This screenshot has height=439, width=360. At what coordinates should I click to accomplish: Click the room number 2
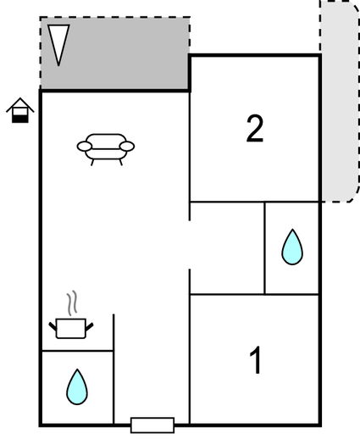pos(255,129)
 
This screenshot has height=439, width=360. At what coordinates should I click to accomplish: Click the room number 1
pos(256,360)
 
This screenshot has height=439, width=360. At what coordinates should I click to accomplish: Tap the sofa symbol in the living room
pos(106,149)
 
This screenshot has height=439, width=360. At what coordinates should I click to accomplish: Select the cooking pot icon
pos(71,328)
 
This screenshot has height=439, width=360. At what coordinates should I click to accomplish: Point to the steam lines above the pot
pos(72,303)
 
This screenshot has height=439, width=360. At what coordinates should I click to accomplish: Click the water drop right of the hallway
pos(292,247)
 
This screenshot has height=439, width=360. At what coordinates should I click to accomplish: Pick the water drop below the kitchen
pos(77,386)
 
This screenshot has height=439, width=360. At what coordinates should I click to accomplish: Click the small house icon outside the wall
pos(20,110)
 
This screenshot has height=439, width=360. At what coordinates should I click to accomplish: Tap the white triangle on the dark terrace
pos(58,42)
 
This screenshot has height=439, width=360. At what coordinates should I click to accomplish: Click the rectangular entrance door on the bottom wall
pos(152,425)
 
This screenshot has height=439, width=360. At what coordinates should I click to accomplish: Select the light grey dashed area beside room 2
pos(340,102)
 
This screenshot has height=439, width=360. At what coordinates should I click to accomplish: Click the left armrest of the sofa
pos(85,147)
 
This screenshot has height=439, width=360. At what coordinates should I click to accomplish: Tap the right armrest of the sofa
pos(127,147)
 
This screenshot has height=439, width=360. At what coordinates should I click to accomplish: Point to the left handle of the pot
pos(53,326)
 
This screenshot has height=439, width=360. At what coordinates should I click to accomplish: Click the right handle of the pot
pos(89,327)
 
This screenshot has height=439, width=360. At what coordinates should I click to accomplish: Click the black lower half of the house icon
pos(20,119)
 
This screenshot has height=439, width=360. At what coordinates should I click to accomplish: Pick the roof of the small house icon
pos(20,105)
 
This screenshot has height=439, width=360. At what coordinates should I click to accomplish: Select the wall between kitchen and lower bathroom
pos(78,351)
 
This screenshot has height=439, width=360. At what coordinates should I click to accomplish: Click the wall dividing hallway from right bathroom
pos(264,248)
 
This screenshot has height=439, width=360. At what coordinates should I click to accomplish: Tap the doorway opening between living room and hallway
pos(190,245)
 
